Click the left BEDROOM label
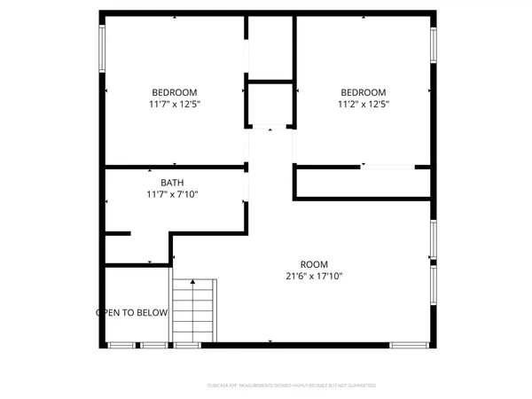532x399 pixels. [175, 92]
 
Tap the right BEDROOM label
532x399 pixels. [364, 92]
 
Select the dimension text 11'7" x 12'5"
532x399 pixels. [175, 104]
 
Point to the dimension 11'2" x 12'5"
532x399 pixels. [364, 104]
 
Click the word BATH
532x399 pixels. [172, 184]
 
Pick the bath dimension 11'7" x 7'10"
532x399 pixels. [172, 194]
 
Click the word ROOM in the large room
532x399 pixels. [314, 265]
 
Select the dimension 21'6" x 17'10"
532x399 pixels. [314, 277]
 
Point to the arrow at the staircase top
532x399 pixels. [192, 283]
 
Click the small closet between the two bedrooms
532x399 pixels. [270, 106]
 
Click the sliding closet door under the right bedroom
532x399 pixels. [387, 167]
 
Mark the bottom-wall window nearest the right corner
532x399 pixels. [409, 344]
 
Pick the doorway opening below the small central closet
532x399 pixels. [270, 129]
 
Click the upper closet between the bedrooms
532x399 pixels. [270, 49]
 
